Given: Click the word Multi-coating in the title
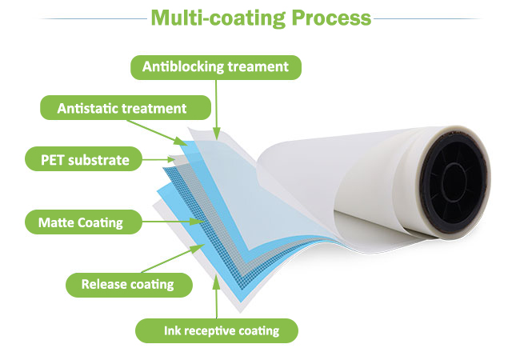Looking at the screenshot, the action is pyautogui.click(x=218, y=18).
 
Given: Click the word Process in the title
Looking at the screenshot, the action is pyautogui.click(x=331, y=18).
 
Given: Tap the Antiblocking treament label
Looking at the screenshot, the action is pyautogui.click(x=216, y=67).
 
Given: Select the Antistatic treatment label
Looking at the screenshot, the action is pyautogui.click(x=126, y=108).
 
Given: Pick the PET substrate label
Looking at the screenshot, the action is pyautogui.click(x=83, y=159).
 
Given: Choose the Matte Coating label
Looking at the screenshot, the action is pyautogui.click(x=83, y=222).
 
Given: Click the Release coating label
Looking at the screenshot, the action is pyautogui.click(x=129, y=285).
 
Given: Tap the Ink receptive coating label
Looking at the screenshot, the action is pyautogui.click(x=217, y=330).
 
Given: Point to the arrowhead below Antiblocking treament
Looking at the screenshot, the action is pyautogui.click(x=216, y=134).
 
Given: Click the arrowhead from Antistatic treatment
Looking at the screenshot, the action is pyautogui.click(x=182, y=142).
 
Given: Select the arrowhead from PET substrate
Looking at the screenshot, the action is pyautogui.click(x=171, y=159).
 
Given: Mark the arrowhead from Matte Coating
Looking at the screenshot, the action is pyautogui.click(x=196, y=221).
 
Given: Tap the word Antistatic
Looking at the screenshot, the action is pyautogui.click(x=87, y=108).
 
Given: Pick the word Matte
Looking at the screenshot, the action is pyautogui.click(x=56, y=222).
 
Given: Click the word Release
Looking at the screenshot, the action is pyautogui.click(x=103, y=285).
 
